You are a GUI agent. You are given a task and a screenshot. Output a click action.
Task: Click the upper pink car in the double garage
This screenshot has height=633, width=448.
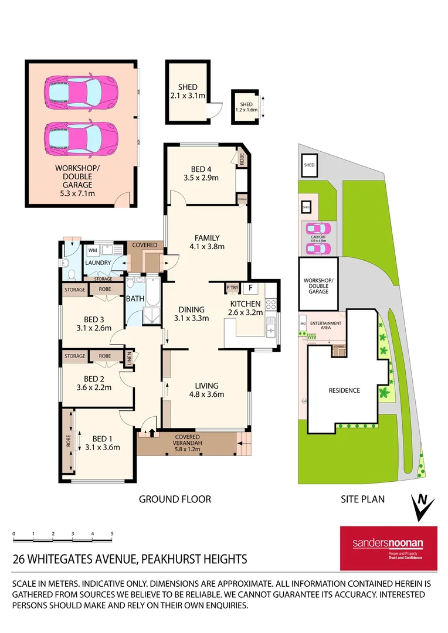click(x=81, y=91)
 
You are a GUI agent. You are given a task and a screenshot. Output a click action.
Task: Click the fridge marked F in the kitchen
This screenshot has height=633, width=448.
click(x=249, y=288)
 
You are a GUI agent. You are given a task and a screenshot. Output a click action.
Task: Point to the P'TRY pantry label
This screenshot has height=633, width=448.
click(x=232, y=288)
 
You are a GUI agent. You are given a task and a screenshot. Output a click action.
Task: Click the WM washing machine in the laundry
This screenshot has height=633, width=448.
click(x=93, y=250)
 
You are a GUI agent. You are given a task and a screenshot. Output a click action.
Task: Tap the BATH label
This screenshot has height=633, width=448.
click(x=134, y=299)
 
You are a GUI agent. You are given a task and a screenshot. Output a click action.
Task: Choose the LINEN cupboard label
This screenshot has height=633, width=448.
click(x=128, y=359)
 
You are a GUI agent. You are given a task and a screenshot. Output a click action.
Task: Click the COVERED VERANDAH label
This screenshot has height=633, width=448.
click(x=188, y=440)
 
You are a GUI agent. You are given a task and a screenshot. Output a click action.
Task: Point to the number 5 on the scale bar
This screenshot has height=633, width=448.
click(x=111, y=534)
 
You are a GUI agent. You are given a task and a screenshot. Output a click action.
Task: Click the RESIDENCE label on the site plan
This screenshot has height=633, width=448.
click(x=344, y=390)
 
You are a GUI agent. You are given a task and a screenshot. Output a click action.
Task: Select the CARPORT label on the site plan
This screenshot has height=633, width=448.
click(x=320, y=236)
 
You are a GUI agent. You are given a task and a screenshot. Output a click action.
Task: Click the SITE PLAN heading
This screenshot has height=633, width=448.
click(x=362, y=499)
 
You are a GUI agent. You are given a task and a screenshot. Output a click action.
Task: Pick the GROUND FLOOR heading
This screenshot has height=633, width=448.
click(x=175, y=499)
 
